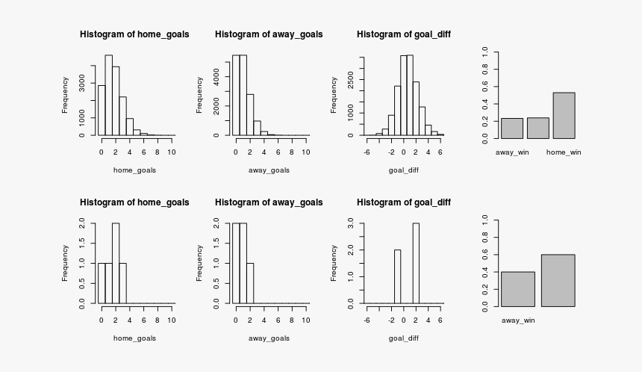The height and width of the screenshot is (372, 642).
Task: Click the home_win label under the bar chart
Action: (564, 152)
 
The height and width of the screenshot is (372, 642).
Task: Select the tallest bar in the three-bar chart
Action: (564, 115)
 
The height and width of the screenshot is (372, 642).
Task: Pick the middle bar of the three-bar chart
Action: (537, 128)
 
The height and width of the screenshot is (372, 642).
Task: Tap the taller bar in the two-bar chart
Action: (558, 280)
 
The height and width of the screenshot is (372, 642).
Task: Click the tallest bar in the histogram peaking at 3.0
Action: (416, 263)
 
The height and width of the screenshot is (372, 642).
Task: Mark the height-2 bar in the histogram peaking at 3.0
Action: (397, 276)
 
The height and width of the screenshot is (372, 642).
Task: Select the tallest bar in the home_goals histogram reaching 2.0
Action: (116, 263)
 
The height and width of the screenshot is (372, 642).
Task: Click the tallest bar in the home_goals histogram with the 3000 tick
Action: (108, 95)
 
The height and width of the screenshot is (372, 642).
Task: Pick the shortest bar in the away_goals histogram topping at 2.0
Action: (250, 283)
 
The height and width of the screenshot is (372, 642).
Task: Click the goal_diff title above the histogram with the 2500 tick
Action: (403, 34)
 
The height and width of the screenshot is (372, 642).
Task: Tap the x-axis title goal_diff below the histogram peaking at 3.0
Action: (403, 338)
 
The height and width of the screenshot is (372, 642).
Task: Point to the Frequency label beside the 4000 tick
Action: (199, 95)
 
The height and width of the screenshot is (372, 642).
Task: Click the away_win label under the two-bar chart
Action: (518, 320)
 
